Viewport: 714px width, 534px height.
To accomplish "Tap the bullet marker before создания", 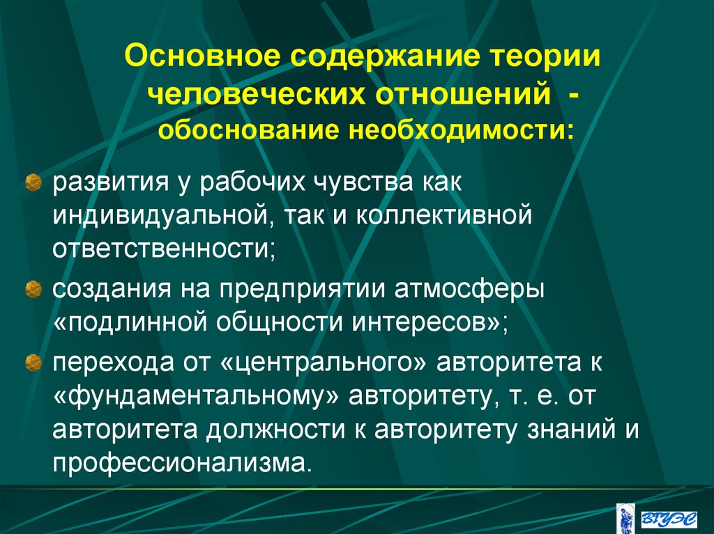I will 31,287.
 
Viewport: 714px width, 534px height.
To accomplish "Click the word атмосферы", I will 483,288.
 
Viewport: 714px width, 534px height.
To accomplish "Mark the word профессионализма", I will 180,462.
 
